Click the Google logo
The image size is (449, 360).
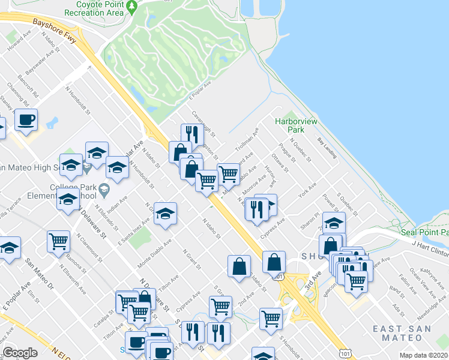point(20,353)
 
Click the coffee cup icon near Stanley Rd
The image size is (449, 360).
point(26,121)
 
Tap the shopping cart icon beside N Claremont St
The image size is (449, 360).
point(58,241)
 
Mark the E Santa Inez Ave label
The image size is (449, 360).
point(133,230)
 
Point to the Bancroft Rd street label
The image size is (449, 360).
point(28,88)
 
